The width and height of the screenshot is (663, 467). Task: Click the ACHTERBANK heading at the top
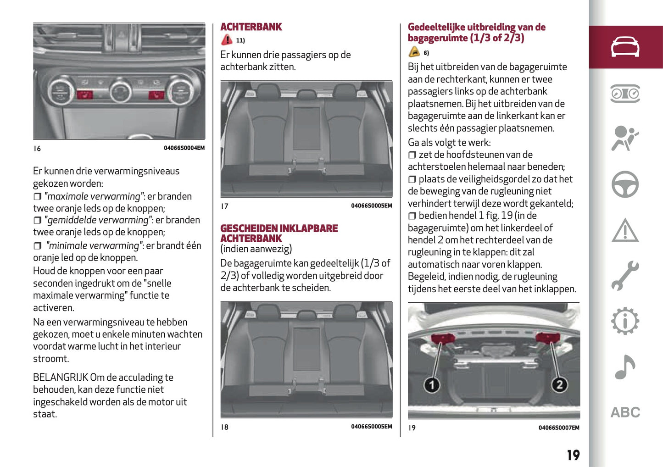pyautogui.click(x=251, y=27)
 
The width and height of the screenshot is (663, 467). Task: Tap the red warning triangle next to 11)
pyautogui.click(x=227, y=40)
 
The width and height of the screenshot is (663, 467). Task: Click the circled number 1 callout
pyautogui.click(x=431, y=384)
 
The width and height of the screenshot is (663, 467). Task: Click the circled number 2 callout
pyautogui.click(x=559, y=384)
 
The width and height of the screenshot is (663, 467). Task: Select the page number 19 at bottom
pyautogui.click(x=573, y=455)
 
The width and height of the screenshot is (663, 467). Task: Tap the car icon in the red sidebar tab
pyautogui.click(x=625, y=47)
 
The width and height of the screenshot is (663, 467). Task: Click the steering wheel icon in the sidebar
pyautogui.click(x=625, y=184)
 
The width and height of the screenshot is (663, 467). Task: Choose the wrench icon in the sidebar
pyautogui.click(x=625, y=276)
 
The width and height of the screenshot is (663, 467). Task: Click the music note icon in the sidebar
pyautogui.click(x=625, y=367)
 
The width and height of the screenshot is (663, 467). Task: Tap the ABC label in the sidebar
pyautogui.click(x=625, y=412)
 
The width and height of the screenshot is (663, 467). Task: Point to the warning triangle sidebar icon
pyautogui.click(x=625, y=230)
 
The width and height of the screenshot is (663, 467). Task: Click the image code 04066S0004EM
pyautogui.click(x=184, y=148)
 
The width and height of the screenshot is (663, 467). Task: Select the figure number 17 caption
pyautogui.click(x=224, y=206)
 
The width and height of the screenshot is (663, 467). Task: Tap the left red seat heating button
pyautogui.click(x=85, y=95)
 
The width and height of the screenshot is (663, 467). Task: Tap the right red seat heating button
pyautogui.click(x=156, y=95)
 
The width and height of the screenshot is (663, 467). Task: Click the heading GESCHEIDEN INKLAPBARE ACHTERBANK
pyautogui.click(x=279, y=233)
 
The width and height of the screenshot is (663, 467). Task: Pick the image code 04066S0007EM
pyautogui.click(x=558, y=428)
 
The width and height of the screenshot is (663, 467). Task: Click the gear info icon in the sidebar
pyautogui.click(x=625, y=321)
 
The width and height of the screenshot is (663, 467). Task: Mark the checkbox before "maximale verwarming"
pyautogui.click(x=37, y=197)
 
